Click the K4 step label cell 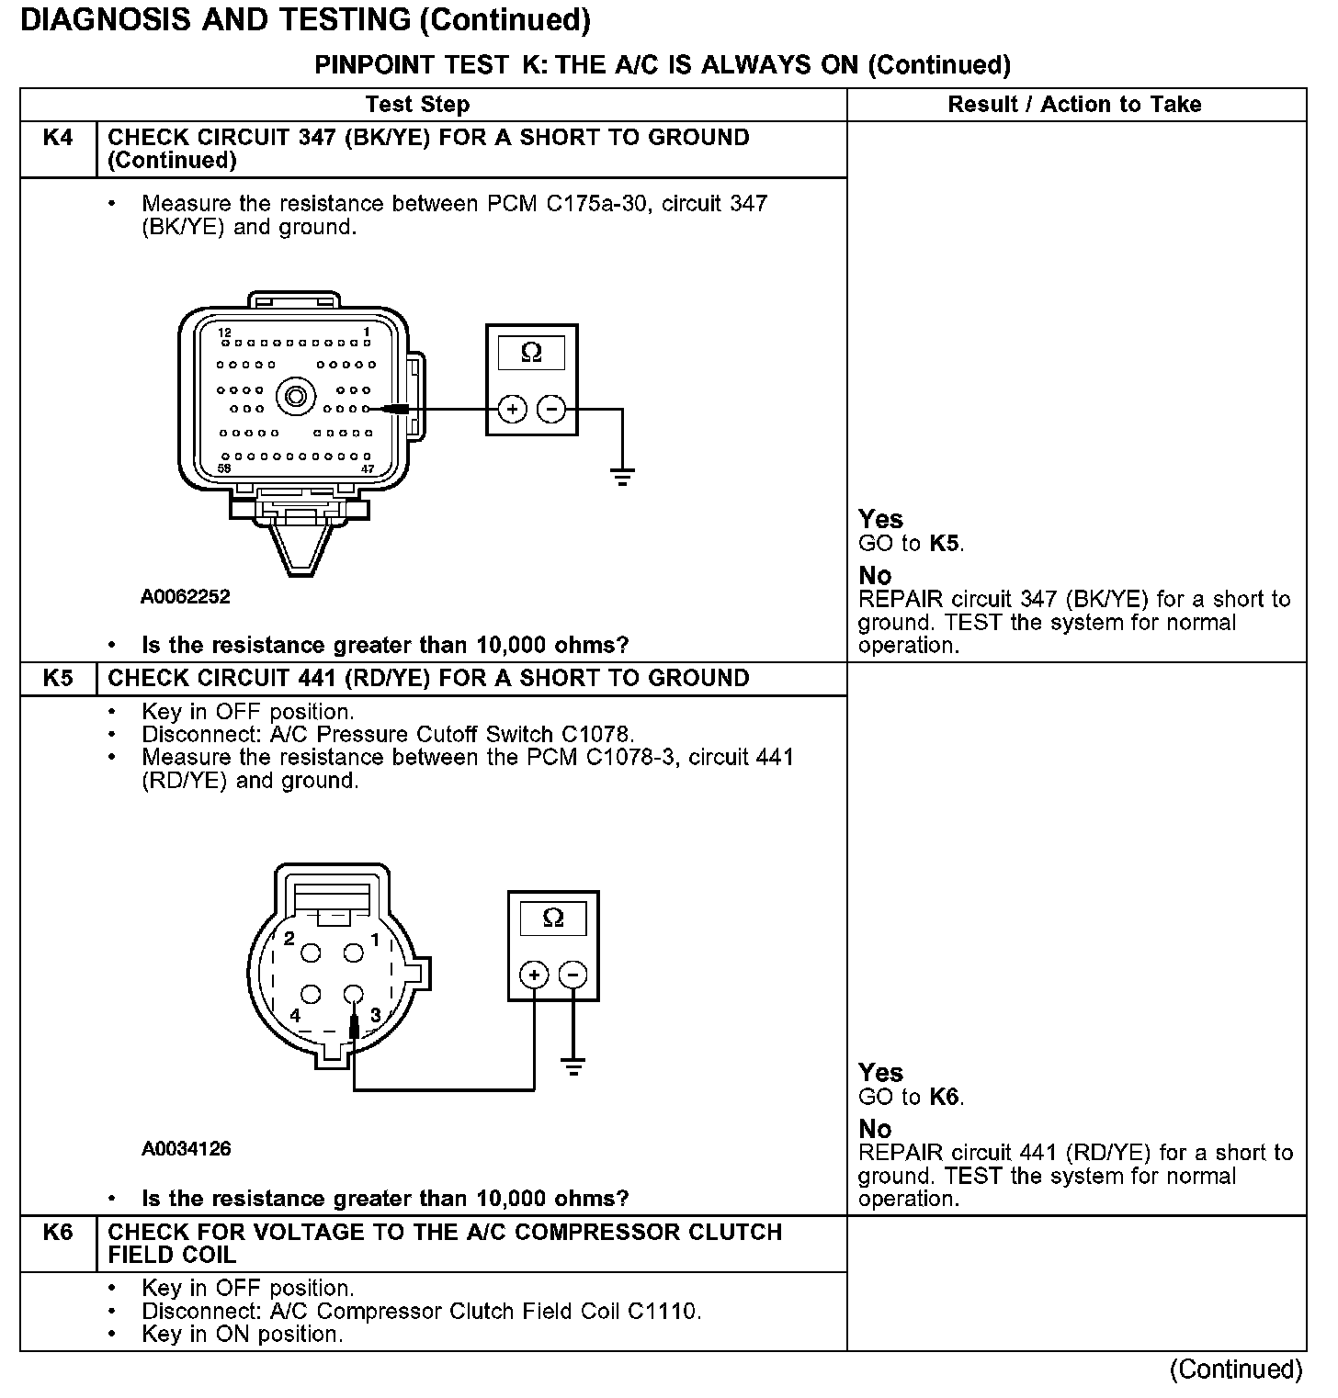[x=58, y=139]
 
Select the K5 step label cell [x=58, y=679]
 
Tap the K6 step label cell [x=58, y=1233]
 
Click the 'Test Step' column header [x=417, y=105]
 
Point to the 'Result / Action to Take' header [x=1074, y=105]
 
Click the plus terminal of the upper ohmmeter [x=512, y=409]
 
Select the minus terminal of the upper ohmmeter [x=551, y=409]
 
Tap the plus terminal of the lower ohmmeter [x=534, y=975]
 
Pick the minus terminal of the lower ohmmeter [x=573, y=975]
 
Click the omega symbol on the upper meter [x=531, y=353]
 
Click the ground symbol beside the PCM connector [x=622, y=476]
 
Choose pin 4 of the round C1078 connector [x=311, y=995]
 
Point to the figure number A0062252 [x=186, y=597]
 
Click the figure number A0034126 [x=187, y=1149]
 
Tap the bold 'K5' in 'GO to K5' [x=945, y=544]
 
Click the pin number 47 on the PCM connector [x=368, y=468]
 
